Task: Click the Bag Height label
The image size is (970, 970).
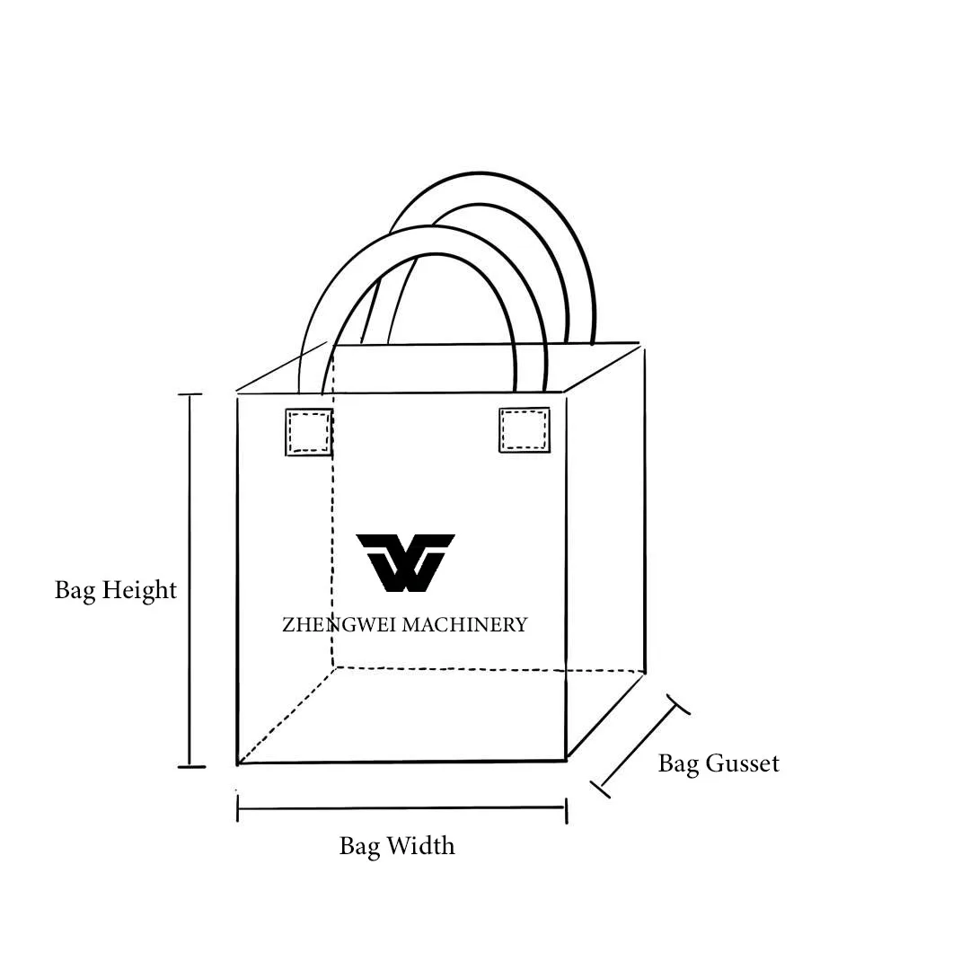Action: pyautogui.click(x=116, y=590)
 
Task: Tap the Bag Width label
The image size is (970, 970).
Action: pyautogui.click(x=397, y=845)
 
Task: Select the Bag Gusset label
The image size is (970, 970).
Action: pyautogui.click(x=719, y=763)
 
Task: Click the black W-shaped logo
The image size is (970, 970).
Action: pyautogui.click(x=405, y=562)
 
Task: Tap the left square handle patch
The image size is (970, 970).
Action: pyautogui.click(x=309, y=432)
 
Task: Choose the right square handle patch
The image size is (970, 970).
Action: pyautogui.click(x=525, y=430)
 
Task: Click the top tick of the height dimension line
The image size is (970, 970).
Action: pyautogui.click(x=190, y=394)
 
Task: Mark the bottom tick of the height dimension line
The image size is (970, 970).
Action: pyautogui.click(x=190, y=766)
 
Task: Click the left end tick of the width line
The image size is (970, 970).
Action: pyautogui.click(x=238, y=807)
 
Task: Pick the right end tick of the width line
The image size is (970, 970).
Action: pyautogui.click(x=566, y=809)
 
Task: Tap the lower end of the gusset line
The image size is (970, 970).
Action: pyautogui.click(x=600, y=788)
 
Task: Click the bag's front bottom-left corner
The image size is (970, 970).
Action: pyautogui.click(x=238, y=763)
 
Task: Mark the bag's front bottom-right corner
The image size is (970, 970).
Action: pyautogui.click(x=566, y=760)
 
